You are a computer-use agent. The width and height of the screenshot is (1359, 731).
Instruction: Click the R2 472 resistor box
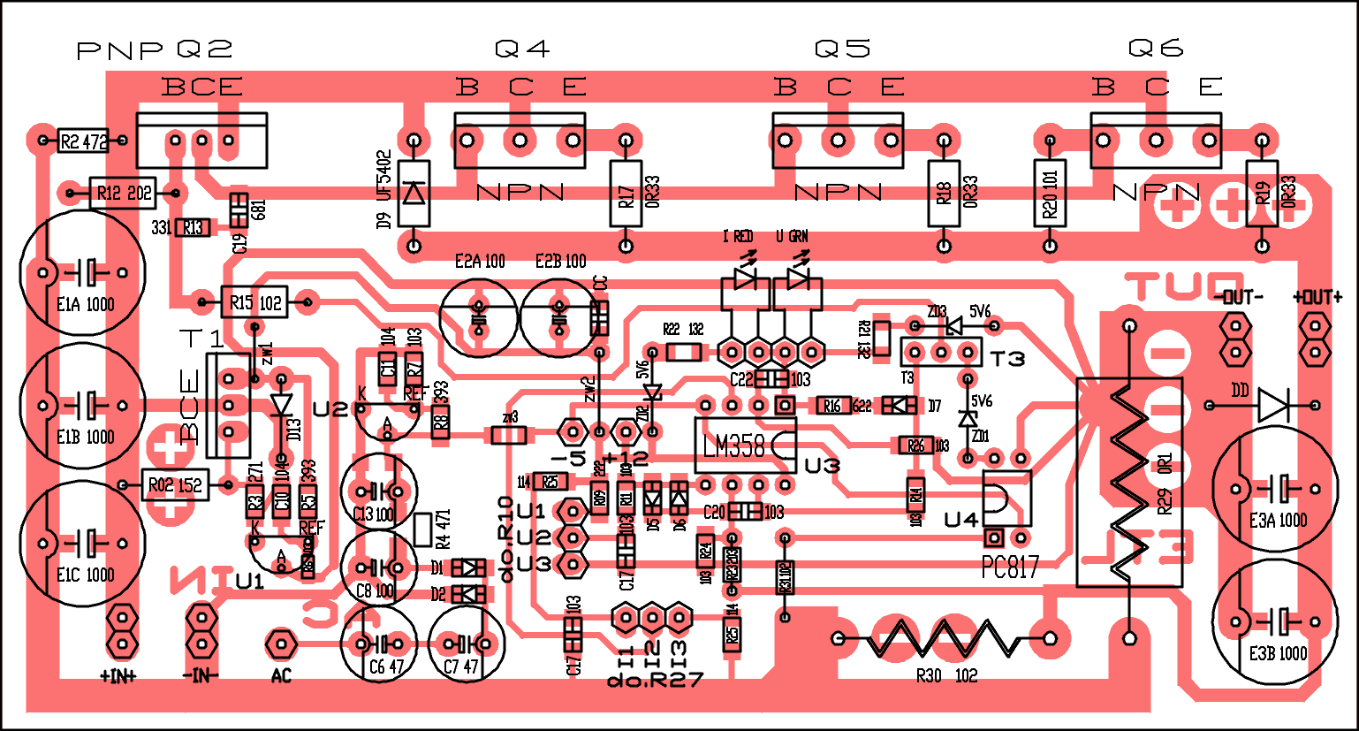83,141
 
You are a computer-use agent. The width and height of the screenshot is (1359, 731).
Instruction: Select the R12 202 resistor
123,193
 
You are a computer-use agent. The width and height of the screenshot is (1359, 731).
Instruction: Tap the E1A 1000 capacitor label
86,304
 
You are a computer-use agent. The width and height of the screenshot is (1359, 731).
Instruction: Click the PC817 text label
1010,567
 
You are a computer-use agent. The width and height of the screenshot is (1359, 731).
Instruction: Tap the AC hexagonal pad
281,643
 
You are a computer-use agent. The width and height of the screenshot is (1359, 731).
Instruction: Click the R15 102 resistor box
254,303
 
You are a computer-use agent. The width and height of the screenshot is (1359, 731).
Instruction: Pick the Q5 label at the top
842,49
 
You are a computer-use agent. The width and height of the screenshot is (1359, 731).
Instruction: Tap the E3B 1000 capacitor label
1278,654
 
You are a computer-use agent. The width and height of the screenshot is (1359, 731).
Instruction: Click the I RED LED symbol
744,278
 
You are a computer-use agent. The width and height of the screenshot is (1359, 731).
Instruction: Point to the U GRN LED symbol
798,278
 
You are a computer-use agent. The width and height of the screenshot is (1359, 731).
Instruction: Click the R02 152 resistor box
175,485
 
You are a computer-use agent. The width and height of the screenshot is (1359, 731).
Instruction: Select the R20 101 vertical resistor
1050,194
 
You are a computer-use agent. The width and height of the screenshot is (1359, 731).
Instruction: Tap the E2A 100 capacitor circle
479,316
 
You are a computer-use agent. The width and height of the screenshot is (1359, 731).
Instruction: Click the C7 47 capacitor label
460,667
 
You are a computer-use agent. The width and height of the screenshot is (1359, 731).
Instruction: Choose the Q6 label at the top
1156,49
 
